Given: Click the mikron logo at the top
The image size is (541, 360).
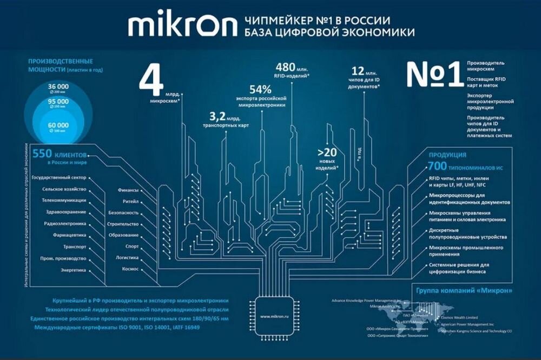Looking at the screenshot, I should pyautogui.click(x=182, y=26).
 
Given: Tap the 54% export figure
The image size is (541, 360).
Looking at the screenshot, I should pyautogui.click(x=260, y=90).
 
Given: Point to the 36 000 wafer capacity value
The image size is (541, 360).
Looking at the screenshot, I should pyautogui.click(x=58, y=86).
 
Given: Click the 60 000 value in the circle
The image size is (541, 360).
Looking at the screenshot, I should pyautogui.click(x=58, y=125).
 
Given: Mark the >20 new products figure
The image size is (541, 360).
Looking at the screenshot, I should pyautogui.click(x=327, y=153).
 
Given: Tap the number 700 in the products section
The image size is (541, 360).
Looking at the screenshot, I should pyautogui.click(x=437, y=165).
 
